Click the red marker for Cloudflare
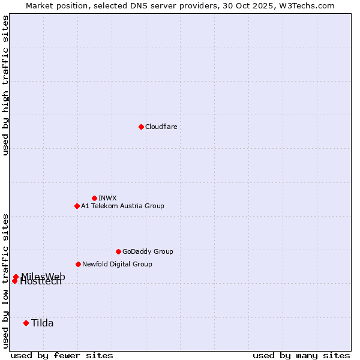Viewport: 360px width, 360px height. (141, 127)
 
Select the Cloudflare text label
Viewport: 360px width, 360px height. (161, 127)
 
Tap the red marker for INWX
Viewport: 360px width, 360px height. (94, 198)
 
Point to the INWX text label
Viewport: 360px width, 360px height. (107, 198)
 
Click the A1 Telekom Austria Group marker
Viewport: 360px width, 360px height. (77, 206)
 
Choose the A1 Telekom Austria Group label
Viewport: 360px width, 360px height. (122, 206)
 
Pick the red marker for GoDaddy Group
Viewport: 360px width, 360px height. (118, 251)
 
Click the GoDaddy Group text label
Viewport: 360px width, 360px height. (148, 251)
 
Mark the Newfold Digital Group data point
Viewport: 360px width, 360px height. (78, 264)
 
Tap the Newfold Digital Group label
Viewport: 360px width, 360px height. (117, 264)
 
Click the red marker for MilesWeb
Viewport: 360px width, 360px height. (16, 277)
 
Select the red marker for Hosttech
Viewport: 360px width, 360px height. (14, 281)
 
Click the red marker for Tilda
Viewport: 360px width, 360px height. (26, 323)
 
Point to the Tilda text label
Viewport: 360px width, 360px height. (43, 323)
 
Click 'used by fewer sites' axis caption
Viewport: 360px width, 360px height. (62, 355)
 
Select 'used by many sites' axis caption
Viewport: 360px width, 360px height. (301, 355)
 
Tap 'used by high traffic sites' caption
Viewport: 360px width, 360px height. (5, 85)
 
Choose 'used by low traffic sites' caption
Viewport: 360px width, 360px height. (5, 281)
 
